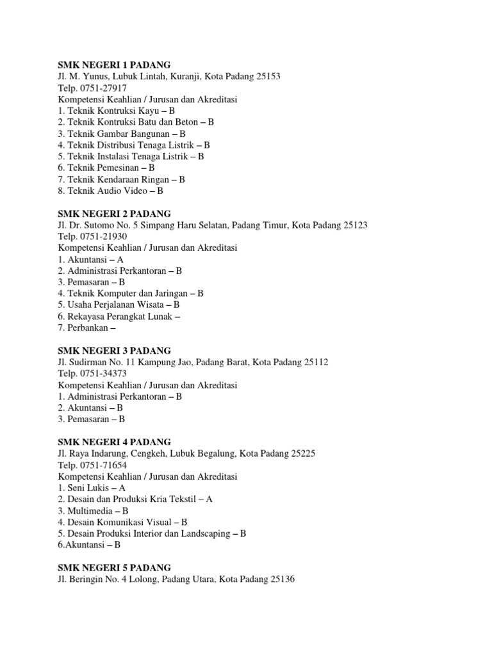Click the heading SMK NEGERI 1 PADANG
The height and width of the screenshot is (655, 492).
[115, 65]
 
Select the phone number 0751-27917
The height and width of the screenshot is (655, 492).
[103, 88]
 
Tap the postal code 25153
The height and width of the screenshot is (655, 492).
[268, 76]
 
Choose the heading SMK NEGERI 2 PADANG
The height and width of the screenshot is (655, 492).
[115, 213]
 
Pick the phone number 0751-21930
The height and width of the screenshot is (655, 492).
[103, 236]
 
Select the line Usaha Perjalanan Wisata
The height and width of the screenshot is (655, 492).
[119, 304]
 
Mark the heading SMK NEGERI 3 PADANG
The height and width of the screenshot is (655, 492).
[115, 351]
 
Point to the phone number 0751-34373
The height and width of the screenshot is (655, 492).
[103, 374]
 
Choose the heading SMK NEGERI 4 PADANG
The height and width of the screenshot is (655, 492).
[115, 442]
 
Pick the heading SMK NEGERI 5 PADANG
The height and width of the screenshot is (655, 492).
[115, 568]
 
